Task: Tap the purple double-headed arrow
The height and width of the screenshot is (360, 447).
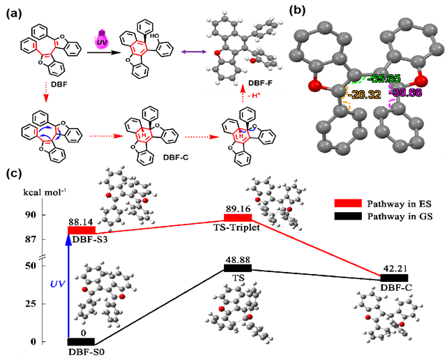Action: pyautogui.click(x=191, y=52)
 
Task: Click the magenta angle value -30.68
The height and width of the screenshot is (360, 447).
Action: pyautogui.click(x=407, y=94)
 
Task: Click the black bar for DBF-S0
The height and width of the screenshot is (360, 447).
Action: pyautogui.click(x=81, y=341)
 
